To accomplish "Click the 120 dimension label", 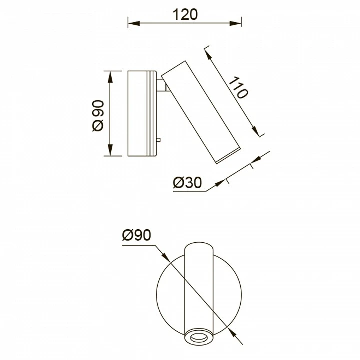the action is [185, 14].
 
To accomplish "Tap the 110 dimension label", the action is [239, 88].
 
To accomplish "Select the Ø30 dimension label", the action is [187, 183].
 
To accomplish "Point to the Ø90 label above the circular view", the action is [137, 235].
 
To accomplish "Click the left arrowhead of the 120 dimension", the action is [134, 23].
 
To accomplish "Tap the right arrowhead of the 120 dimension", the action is [235, 23].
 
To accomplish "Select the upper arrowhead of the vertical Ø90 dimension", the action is [110, 77].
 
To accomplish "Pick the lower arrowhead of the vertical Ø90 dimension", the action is [110, 150].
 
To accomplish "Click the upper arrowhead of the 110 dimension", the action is [208, 55].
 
